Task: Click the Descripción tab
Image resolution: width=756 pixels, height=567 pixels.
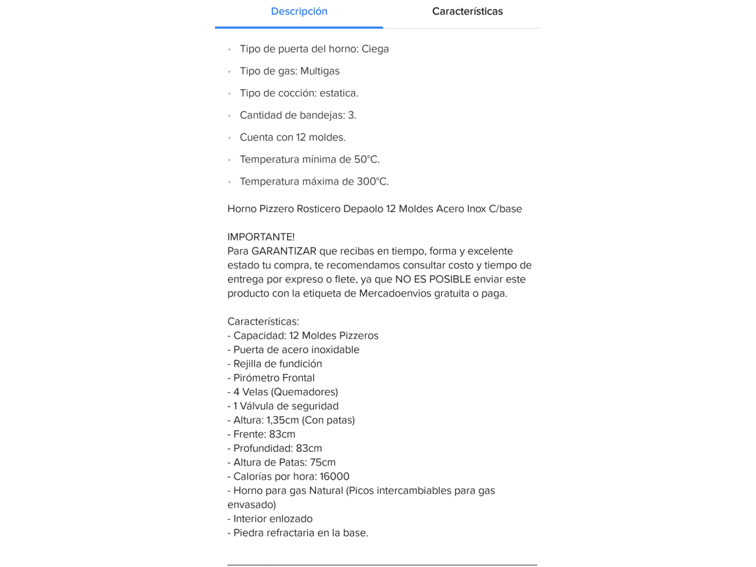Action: (x=299, y=11)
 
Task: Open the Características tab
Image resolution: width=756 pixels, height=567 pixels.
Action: (x=467, y=11)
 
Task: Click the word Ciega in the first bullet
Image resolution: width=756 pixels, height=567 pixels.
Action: (x=375, y=49)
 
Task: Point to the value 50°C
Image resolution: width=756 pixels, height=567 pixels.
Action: (x=366, y=159)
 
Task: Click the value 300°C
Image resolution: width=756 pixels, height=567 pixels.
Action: (x=372, y=181)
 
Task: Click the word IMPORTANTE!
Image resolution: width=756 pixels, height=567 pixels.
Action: (x=260, y=237)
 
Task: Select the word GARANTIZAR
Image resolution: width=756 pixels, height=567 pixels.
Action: (x=283, y=251)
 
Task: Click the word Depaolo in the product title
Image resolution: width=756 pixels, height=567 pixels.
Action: (x=363, y=208)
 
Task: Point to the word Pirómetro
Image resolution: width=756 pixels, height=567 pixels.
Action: (x=258, y=378)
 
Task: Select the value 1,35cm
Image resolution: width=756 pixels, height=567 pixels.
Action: (x=282, y=421)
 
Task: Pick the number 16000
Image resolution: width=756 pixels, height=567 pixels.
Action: (x=334, y=477)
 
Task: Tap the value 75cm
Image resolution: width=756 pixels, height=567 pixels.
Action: (x=322, y=462)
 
